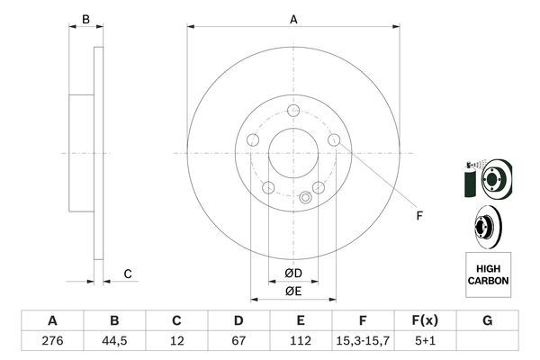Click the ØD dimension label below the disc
coord(293,274)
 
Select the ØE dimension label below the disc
coord(293,291)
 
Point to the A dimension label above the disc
coord(293,19)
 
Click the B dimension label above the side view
coord(86,19)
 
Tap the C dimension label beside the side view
coord(128,274)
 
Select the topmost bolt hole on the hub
coord(293,110)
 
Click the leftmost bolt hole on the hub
coord(253,140)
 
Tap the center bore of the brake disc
coord(293,153)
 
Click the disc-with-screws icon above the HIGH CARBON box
coord(486,176)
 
